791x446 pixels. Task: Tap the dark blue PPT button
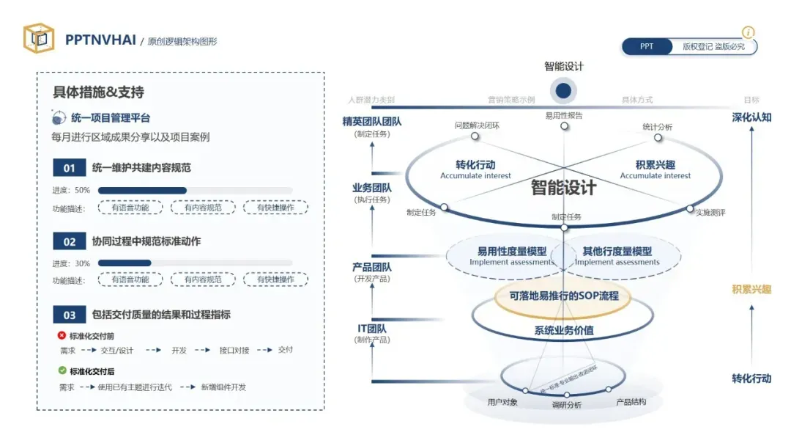(647, 46)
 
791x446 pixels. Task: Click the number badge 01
(70, 168)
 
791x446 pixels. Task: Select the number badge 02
(70, 241)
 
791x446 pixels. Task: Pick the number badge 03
(70, 315)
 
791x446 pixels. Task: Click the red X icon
(62, 335)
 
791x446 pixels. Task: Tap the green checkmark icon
(62, 371)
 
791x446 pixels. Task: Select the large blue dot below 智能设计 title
(563, 91)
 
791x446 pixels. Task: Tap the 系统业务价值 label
(563, 330)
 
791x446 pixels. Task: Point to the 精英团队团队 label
(372, 121)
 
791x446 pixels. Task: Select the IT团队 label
(372, 328)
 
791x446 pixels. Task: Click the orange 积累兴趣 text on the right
(751, 289)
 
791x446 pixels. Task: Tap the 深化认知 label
(751, 117)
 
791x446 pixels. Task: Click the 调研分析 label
(565, 405)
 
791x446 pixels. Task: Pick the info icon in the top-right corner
(748, 32)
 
